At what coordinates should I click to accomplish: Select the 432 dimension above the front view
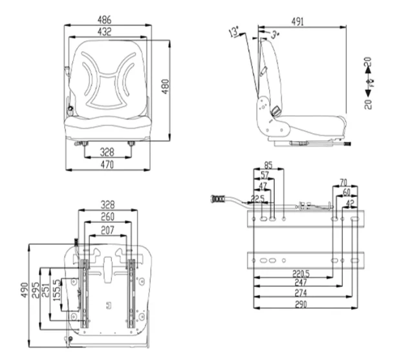107,32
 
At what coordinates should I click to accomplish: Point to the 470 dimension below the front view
107,165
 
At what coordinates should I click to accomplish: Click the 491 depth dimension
297,21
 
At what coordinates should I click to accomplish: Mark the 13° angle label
233,30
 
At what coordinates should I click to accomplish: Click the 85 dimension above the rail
268,165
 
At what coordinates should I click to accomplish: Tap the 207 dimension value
107,229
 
